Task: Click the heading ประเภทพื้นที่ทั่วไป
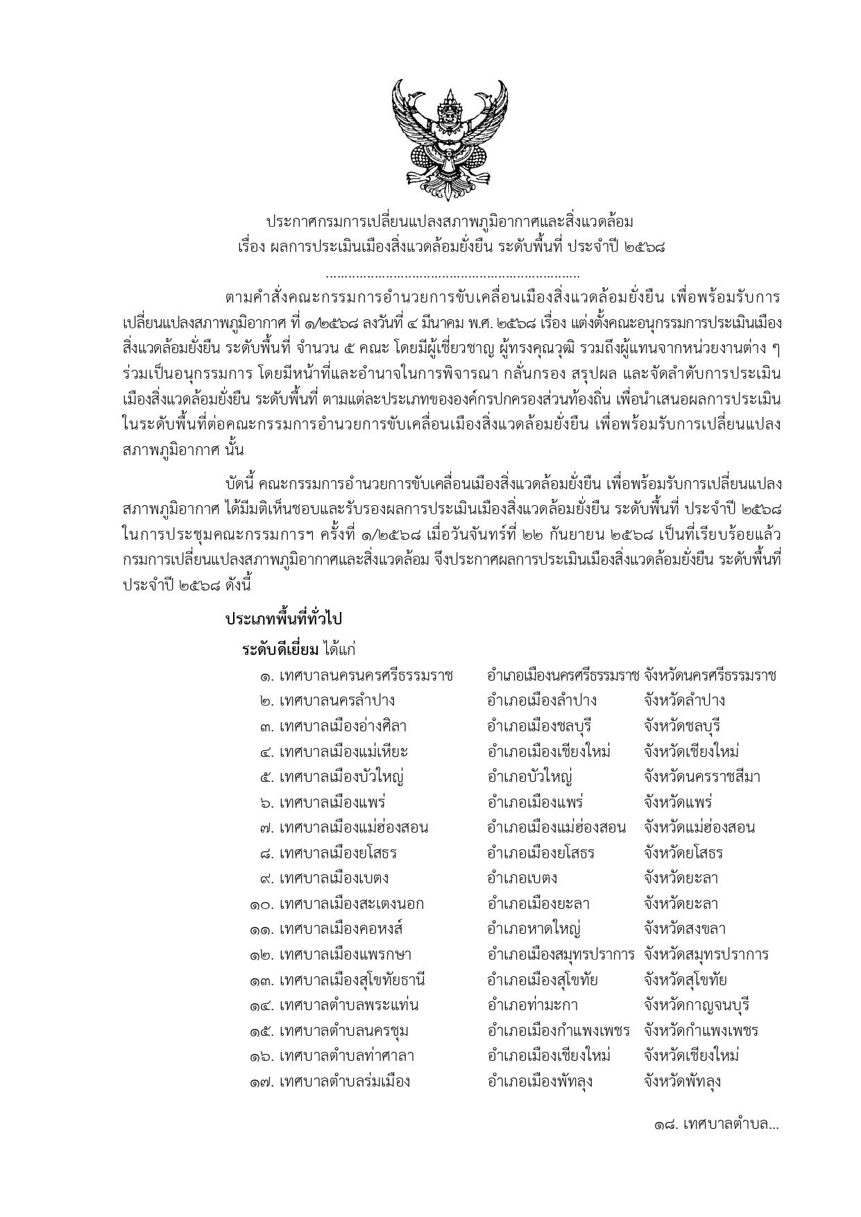[x=284, y=618]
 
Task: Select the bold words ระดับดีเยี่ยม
[x=280, y=649]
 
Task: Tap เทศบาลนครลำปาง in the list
[x=337, y=701]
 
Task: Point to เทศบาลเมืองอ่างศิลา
[x=343, y=726]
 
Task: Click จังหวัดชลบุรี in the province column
[x=681, y=726]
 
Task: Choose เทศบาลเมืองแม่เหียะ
[x=343, y=751]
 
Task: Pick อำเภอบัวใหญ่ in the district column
[x=529, y=777]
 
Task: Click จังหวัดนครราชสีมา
[x=701, y=777]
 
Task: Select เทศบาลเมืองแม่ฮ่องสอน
[x=354, y=828]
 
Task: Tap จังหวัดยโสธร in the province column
[x=683, y=853]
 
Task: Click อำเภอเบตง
[x=522, y=878]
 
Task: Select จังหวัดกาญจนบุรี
[x=696, y=1005]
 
